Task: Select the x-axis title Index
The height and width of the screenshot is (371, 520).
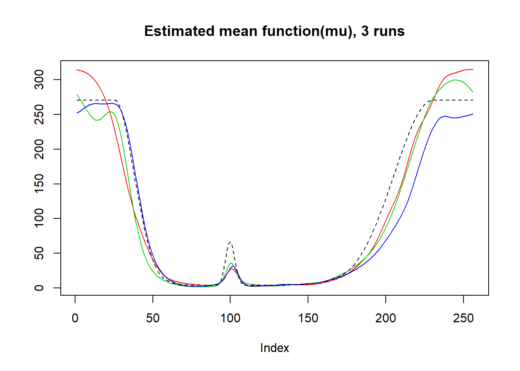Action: coord(274,348)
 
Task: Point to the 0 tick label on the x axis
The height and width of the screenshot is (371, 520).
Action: coord(75,318)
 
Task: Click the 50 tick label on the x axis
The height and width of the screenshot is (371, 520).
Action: coord(153,318)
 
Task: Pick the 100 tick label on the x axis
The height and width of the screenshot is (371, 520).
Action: coord(231,318)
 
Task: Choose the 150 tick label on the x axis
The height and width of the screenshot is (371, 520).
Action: coord(308,318)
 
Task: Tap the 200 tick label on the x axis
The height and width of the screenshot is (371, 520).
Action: coord(386,318)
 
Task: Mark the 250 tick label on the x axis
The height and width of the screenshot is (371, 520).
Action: coord(464,318)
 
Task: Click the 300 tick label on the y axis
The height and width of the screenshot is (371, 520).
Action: coord(39,80)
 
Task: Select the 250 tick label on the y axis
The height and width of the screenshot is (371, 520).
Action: coord(39,114)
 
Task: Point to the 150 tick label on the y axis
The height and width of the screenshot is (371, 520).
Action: coord(39,184)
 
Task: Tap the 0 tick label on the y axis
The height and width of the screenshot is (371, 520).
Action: coord(39,288)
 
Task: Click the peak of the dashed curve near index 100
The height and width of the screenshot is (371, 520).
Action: coord(230,242)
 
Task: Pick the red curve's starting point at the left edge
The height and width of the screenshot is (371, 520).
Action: coord(77,70)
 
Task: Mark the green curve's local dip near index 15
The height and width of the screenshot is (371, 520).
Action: coord(97,120)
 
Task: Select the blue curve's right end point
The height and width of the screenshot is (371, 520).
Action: coord(473,114)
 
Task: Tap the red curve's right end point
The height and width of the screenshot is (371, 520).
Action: coord(473,70)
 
